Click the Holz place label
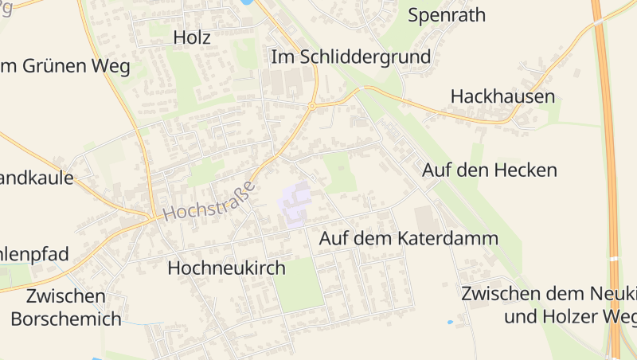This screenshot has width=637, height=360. [x=191, y=37]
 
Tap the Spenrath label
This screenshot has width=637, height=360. [x=446, y=14]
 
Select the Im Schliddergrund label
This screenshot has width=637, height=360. [x=350, y=57]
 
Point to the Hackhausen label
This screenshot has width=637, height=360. [x=502, y=96]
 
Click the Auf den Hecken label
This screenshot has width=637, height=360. [x=490, y=170]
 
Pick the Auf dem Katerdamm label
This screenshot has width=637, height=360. [x=408, y=238]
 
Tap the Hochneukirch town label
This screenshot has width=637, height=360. [x=226, y=268]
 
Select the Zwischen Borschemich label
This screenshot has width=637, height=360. [x=66, y=307]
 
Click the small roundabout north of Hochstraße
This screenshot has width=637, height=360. [x=312, y=105]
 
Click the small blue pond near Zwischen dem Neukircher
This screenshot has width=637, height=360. [x=450, y=322]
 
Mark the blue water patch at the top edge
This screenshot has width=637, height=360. [x=247, y=2]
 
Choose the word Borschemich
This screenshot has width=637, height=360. [x=66, y=319]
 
